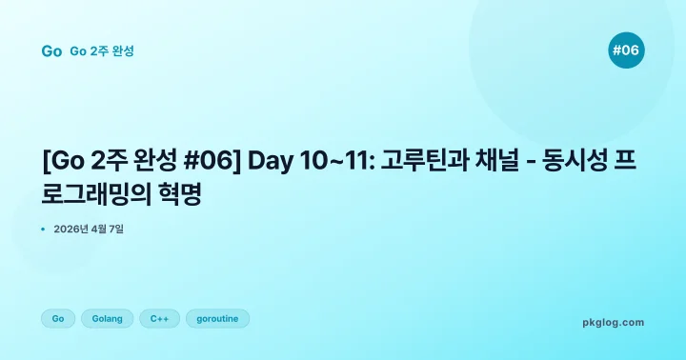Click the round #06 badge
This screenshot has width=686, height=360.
pos(626,50)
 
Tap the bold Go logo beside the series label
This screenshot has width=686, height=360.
pos(51,51)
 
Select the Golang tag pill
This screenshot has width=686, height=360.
pos(107,318)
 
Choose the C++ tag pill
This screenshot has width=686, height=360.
pos(159,318)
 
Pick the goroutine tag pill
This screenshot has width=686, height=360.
pos(217,318)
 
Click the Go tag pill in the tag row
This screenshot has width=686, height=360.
pos(58,318)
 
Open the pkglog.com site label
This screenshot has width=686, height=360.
pos(613,322)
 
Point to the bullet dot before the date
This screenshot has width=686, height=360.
pos(44,229)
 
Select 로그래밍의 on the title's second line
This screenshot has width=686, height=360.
pos(101,194)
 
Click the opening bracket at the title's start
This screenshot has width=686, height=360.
pos(46,160)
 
